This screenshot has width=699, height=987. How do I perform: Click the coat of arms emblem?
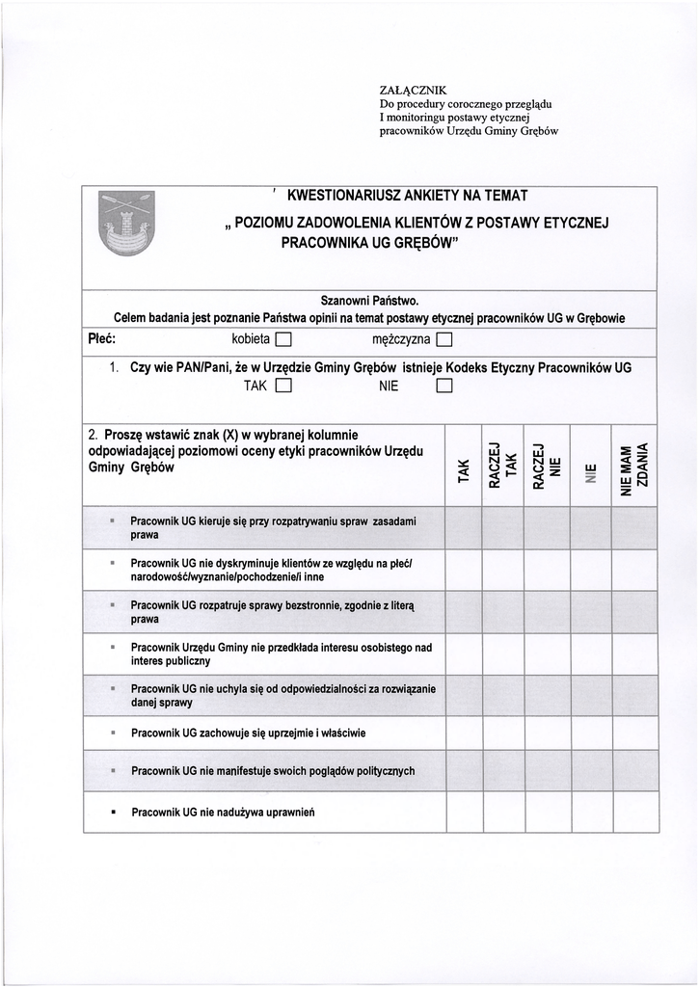(126, 224)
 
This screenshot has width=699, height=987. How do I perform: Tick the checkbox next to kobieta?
(283, 339)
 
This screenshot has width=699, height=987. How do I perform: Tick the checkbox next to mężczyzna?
(444, 339)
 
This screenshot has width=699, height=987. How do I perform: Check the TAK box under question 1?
(283, 387)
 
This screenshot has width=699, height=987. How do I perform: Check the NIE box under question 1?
(444, 387)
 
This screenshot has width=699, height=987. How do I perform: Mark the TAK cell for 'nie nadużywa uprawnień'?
(464, 812)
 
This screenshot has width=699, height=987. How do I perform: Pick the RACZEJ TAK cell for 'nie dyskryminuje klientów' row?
(502, 569)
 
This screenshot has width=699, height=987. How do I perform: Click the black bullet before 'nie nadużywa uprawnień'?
(114, 813)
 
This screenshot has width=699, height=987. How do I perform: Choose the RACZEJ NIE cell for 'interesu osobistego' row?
(546, 654)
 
